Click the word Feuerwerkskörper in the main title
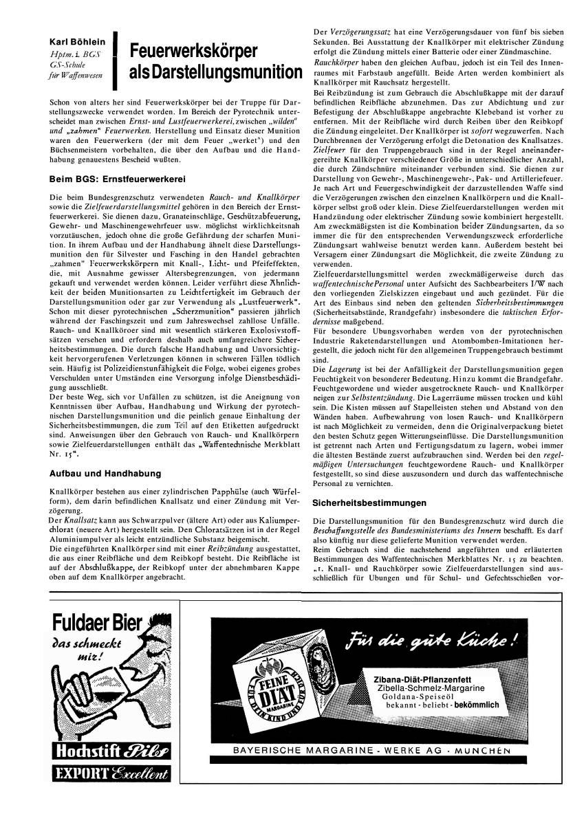point(193,51)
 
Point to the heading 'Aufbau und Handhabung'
point(106,474)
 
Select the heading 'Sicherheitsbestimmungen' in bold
point(369,503)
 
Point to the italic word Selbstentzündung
point(374,399)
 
